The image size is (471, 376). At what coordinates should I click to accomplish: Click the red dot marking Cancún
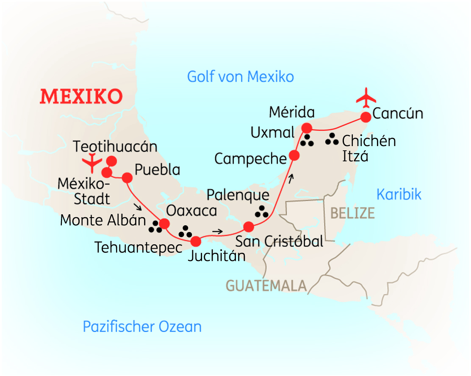[366, 116]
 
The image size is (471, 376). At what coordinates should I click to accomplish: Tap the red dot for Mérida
[306, 128]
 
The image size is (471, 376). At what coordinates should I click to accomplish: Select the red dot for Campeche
[294, 155]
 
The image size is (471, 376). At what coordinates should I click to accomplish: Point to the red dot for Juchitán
[196, 241]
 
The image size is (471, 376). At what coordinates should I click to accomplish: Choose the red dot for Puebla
[127, 177]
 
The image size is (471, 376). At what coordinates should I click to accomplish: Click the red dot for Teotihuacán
[111, 160]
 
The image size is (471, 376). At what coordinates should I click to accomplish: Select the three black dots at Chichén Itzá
[332, 139]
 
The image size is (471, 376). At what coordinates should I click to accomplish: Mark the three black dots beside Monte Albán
[155, 227]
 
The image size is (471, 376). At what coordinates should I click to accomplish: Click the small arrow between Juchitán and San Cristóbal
[217, 231]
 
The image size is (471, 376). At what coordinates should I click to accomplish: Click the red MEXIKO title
[81, 97]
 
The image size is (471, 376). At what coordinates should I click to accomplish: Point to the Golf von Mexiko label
[240, 77]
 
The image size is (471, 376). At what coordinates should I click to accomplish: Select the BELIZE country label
[352, 213]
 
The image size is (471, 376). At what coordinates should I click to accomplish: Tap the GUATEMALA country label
[266, 285]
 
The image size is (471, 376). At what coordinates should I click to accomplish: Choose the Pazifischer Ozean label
[142, 326]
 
